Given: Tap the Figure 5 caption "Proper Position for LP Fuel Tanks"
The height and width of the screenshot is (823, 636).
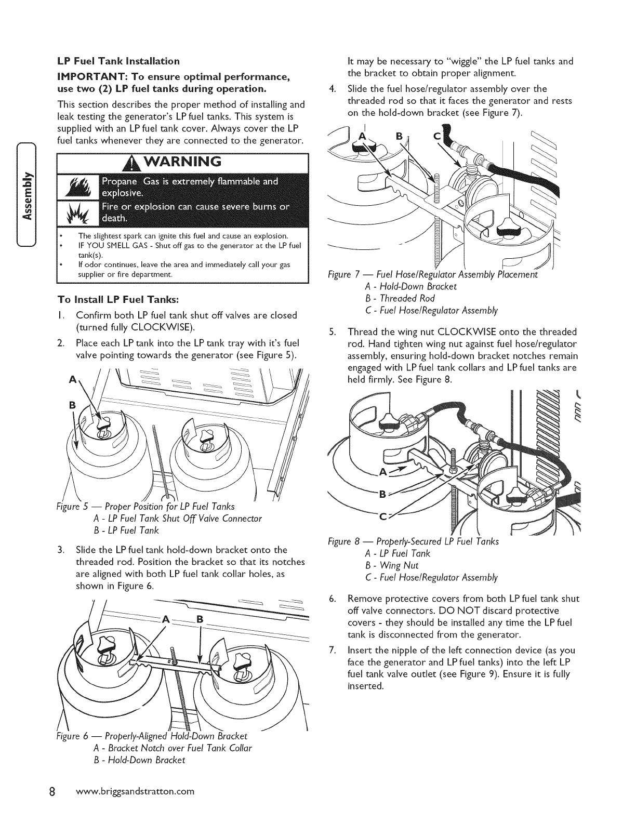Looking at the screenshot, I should click(x=169, y=506).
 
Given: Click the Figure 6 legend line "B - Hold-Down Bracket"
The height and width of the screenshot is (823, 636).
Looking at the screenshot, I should click(x=139, y=761).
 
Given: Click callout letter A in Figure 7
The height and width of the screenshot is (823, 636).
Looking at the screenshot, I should click(x=363, y=137).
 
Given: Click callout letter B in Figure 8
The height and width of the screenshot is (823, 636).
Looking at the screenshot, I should click(x=382, y=495).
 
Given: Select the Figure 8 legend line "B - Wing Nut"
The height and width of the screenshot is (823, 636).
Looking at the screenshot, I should click(x=392, y=565).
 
